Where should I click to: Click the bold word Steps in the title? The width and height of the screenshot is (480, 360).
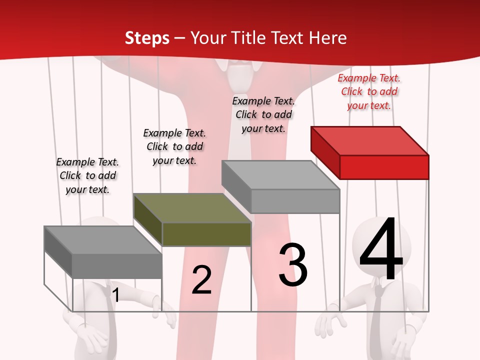coord(147,38)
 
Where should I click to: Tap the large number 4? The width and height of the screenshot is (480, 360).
coord(381,249)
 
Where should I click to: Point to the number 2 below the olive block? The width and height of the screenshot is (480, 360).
coord(201,280)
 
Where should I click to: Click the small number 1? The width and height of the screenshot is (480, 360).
coord(115,295)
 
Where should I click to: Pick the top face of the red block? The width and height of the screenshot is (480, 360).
coord(369,140)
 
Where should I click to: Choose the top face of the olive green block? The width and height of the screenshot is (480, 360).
coord(192,207)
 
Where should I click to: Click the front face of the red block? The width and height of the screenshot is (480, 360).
coord(384,167)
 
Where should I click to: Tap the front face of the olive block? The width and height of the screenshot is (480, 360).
coord(206,234)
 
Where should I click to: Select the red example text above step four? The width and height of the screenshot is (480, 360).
coord(369,91)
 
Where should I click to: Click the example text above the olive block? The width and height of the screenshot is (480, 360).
coord(174,146)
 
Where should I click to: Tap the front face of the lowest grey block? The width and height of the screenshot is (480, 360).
coord(117,265)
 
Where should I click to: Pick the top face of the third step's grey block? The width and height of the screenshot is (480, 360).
coord(280,175)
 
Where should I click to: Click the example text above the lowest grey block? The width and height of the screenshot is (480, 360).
coord(87,175)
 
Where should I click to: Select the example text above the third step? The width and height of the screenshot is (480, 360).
coord(263,114)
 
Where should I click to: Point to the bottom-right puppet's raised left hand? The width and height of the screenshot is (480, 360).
coord(327,325)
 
